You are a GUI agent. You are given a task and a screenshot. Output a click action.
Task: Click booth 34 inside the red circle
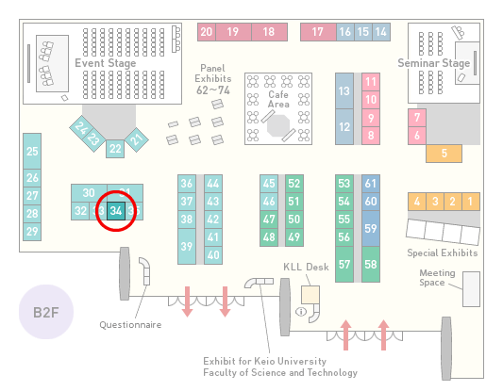coord(116,211)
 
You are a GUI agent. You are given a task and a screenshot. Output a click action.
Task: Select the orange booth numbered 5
coord(444,154)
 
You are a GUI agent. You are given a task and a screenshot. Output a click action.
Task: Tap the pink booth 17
coord(318,32)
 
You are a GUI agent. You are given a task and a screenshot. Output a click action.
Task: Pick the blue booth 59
coord(371,228)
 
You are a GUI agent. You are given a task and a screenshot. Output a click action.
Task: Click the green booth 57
coord(344,264)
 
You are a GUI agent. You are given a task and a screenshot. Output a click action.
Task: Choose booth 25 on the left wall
coord(32,151)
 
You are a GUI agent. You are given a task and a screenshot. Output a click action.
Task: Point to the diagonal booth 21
coord(137,139)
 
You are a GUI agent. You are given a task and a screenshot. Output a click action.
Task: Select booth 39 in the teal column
coord(187,246)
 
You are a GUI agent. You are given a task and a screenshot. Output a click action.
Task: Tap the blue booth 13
coord(344,91)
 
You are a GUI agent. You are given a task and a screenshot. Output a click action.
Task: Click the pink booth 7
coord(417,118)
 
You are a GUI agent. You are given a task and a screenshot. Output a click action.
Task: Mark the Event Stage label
coord(105,63)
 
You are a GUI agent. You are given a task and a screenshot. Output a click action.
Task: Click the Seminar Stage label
coord(434,63)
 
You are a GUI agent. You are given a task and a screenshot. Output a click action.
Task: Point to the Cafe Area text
coord(278,99)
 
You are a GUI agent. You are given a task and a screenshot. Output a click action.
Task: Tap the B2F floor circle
coord(46,312)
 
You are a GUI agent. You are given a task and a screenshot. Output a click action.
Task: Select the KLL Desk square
coord(310,295)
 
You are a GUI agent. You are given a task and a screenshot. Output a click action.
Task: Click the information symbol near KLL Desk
coord(301,311)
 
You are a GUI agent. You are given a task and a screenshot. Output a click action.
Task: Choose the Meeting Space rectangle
coord(471,289)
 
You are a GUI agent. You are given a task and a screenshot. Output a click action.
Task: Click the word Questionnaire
coord(130,325)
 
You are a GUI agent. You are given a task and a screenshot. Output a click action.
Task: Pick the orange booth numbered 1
coord(471,202)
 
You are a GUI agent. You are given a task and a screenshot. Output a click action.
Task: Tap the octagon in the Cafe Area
coord(278,126)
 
